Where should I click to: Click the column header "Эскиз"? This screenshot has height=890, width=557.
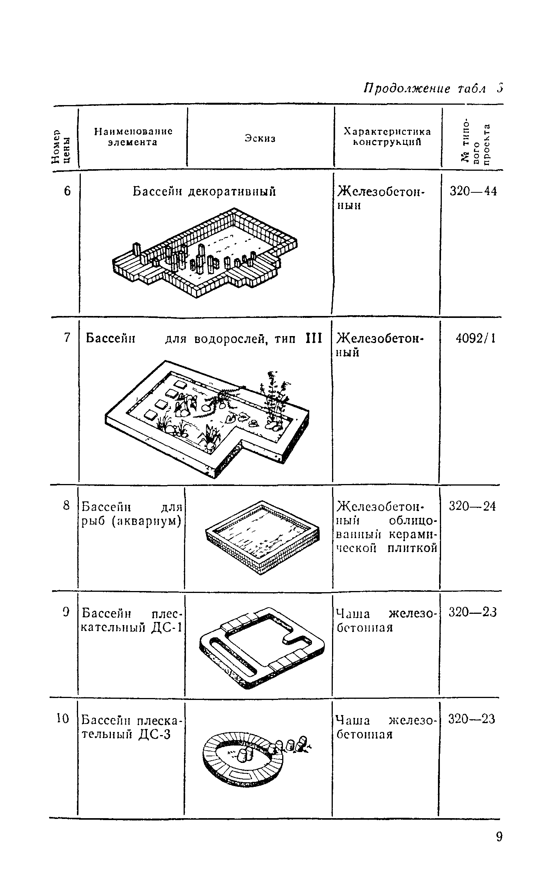tap(260, 138)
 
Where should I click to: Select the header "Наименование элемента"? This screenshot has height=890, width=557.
tap(133, 137)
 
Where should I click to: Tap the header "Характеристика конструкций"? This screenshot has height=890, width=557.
tap(387, 137)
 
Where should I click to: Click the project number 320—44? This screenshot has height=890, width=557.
tap(473, 191)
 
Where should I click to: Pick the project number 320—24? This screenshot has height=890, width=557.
tap(472, 506)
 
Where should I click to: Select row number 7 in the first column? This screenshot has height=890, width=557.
tap(67, 338)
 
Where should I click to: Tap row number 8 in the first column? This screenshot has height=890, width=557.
tap(67, 505)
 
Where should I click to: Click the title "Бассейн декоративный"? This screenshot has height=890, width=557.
tap(204, 192)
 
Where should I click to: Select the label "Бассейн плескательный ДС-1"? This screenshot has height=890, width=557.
tap(131, 620)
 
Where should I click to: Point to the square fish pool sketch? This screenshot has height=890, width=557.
tap(263, 537)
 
